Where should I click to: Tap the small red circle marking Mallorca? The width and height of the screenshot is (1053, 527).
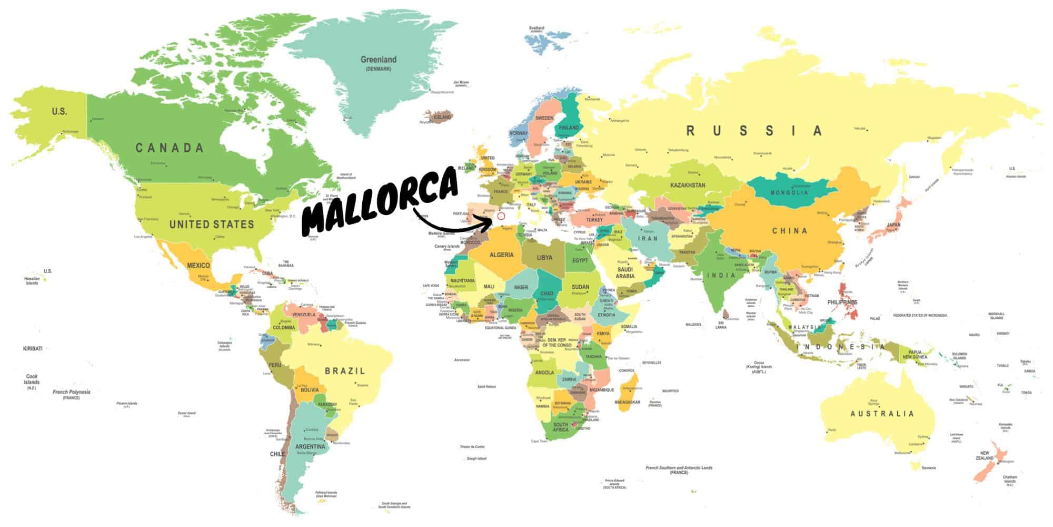coord(501,216)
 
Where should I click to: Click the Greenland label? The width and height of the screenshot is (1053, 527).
coord(379,60)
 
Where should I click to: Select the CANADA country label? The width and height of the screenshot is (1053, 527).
coord(170,148)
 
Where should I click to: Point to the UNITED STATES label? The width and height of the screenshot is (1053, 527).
coord(212,225)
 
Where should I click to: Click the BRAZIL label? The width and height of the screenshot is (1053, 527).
coord(345,371)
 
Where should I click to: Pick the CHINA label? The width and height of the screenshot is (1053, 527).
coord(789,231)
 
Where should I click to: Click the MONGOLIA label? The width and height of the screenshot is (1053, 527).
coord(789,193)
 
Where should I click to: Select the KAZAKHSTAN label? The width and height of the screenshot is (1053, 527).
coord(688,186)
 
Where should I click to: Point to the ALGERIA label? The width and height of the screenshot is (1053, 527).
coord(501,255)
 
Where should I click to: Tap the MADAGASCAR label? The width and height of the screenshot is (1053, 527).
coord(627,402)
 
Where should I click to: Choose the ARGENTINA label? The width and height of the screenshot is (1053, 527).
coord(311,447)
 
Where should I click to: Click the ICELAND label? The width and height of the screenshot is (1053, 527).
coord(442,116)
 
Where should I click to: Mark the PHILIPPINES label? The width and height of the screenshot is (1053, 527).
coord(842,302)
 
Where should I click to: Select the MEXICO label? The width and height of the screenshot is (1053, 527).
coord(198,266)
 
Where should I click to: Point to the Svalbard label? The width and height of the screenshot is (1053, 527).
coord(536,27)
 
